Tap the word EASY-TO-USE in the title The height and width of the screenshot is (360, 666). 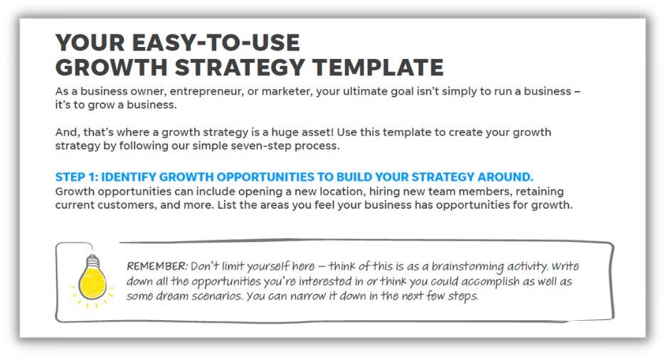[216, 43]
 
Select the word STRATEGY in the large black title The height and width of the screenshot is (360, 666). [240, 68]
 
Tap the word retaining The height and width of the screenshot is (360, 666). [539, 192]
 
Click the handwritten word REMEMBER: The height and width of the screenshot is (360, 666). [157, 266]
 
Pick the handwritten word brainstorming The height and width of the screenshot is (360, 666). [467, 267]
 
